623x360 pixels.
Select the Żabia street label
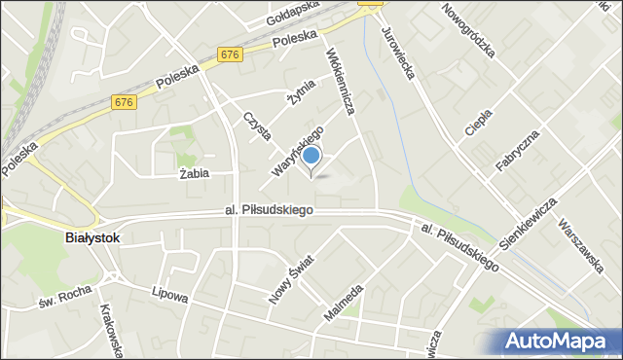[197, 175]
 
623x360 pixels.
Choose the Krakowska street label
[109, 331]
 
